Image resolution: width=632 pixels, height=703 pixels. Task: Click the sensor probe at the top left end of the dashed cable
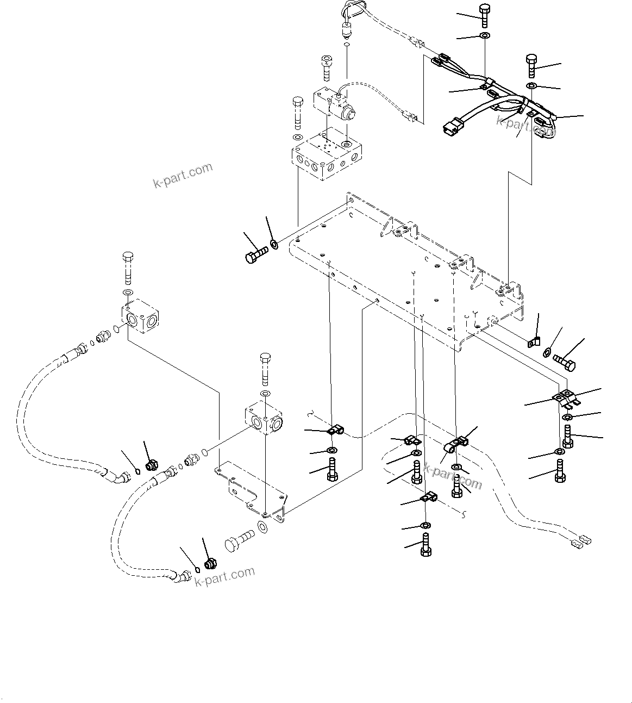click(x=346, y=27)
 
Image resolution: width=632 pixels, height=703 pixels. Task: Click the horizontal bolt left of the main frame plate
click(x=256, y=254)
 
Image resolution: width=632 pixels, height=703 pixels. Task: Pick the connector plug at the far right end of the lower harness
click(x=581, y=540)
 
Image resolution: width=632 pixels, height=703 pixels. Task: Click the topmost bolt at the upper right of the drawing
click(x=484, y=15)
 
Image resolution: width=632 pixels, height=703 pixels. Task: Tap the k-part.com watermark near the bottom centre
click(x=224, y=577)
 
